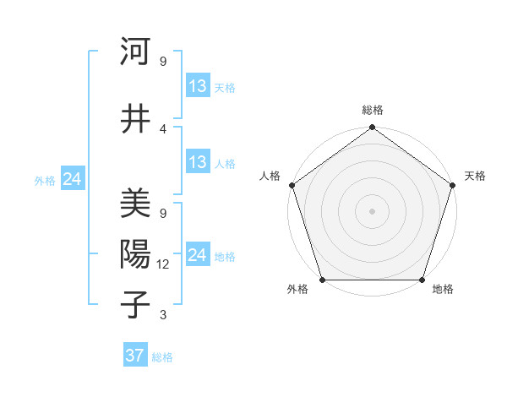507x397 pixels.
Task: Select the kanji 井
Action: tap(134, 117)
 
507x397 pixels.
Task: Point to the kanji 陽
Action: tap(134, 254)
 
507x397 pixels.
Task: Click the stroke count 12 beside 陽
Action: tap(163, 264)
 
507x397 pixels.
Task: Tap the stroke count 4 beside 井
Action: tap(163, 128)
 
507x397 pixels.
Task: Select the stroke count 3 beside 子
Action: tap(163, 315)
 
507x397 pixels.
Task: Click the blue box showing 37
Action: tap(134, 356)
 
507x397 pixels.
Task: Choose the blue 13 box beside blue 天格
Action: tap(197, 86)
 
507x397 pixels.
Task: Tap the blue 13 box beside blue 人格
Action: tap(197, 162)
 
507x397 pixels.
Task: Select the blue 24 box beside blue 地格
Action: tap(197, 255)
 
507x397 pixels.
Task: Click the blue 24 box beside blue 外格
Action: tap(72, 179)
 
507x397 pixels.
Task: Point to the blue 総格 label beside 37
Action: tap(162, 357)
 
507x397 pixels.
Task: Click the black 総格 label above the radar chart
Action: tap(372, 111)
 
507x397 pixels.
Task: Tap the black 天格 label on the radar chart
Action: tap(476, 176)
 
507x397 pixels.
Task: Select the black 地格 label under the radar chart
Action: tap(443, 289)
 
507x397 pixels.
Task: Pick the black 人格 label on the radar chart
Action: tap(270, 176)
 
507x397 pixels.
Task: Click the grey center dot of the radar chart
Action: tap(372, 210)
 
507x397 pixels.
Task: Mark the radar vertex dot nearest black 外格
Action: tap(322, 280)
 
